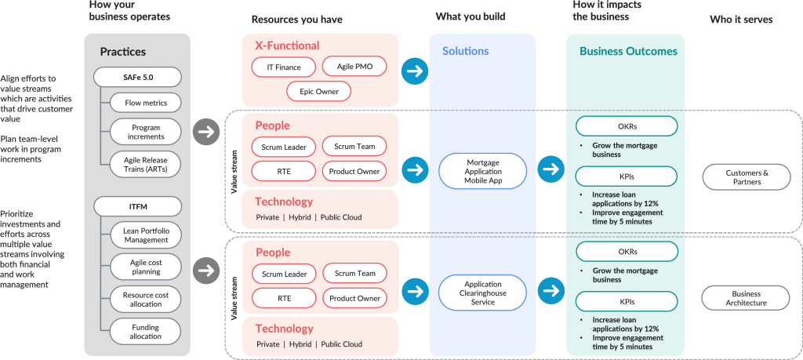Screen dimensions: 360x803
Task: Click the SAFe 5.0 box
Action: point(137,77)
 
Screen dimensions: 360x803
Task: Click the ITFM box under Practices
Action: point(137,207)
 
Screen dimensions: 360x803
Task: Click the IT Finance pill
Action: point(283,67)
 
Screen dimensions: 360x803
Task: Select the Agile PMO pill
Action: point(354,67)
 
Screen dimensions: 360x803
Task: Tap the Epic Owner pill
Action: point(318,92)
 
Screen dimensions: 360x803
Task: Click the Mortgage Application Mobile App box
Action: point(482,171)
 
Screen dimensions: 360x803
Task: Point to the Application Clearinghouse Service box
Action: point(482,292)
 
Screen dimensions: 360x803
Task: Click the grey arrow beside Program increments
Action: point(206,132)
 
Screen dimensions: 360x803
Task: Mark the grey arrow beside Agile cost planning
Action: point(206,271)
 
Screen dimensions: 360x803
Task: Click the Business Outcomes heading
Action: point(628,52)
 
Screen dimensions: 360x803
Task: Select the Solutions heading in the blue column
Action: point(465,52)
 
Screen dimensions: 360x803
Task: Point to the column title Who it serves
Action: point(740,20)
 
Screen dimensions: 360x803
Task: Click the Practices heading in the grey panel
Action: point(122,52)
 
